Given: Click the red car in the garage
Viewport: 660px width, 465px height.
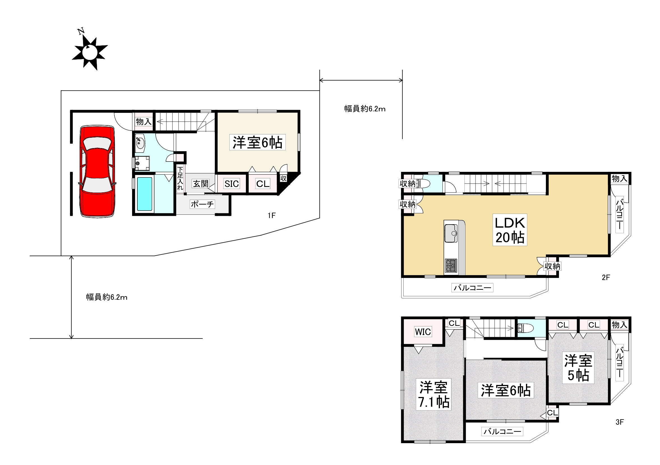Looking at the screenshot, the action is pos(97,171).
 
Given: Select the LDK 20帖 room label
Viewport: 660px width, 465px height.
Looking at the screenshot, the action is pos(510,230).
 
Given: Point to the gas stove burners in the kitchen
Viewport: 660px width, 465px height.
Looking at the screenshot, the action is pos(451,265).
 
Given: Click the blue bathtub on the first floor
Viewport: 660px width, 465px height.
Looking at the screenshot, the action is pos(144,194).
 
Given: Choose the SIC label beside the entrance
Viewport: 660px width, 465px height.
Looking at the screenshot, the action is pos(232,184).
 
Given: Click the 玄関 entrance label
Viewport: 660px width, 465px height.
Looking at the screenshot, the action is pos(200,183).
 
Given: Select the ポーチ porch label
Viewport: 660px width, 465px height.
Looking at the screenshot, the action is pos(202,204).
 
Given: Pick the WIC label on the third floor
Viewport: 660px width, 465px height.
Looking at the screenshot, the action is pos(423,332).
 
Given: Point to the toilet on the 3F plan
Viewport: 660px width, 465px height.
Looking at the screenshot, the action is pos(525,328).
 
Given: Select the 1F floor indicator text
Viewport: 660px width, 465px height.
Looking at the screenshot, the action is pos(272,215).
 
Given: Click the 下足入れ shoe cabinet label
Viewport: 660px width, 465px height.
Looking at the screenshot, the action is pos(180,178).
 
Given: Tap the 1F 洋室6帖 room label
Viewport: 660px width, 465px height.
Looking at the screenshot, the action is pos(257,142).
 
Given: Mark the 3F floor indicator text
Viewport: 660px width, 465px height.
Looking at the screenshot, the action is pos(620,422).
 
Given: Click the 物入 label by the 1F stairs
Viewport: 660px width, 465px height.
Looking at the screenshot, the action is pos(144,122).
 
